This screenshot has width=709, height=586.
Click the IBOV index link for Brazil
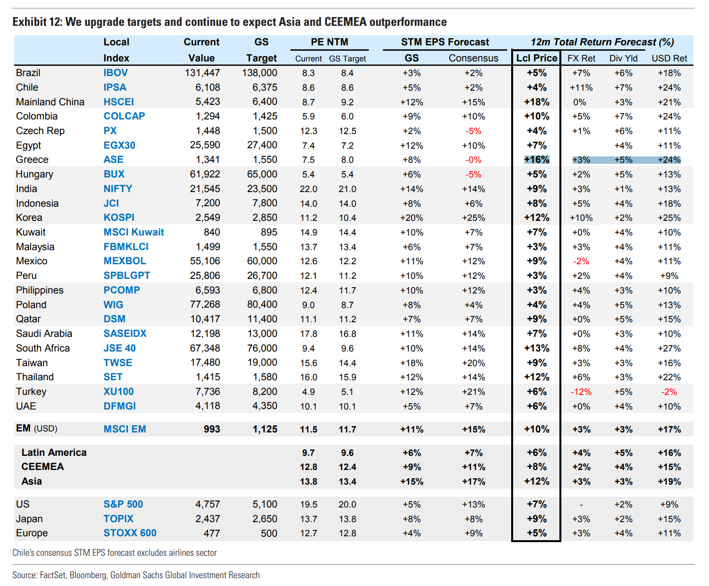click(x=115, y=73)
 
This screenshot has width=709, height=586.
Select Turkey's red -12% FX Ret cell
click(x=581, y=392)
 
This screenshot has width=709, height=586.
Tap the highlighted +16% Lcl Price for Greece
click(x=537, y=160)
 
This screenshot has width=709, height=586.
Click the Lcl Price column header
click(x=536, y=58)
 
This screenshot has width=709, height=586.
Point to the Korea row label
click(x=29, y=218)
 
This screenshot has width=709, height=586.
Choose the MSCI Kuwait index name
click(x=134, y=232)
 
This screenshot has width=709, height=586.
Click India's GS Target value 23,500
click(x=262, y=189)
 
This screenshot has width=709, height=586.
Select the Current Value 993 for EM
click(x=211, y=429)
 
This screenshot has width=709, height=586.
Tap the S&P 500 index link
click(x=123, y=504)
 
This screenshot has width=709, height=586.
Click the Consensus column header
click(x=473, y=58)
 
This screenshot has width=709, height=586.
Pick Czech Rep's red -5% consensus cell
click(x=473, y=131)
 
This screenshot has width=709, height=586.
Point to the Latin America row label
click(x=54, y=452)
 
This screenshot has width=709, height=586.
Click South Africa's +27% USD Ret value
click(x=669, y=349)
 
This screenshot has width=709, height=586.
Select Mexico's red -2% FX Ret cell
click(x=581, y=261)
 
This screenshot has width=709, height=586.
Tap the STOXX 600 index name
click(x=130, y=533)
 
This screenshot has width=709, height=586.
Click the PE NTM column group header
click(x=329, y=42)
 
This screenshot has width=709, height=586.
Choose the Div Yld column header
click(x=623, y=59)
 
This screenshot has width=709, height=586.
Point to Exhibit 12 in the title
click(x=37, y=22)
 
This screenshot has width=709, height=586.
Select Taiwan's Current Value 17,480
click(x=205, y=363)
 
